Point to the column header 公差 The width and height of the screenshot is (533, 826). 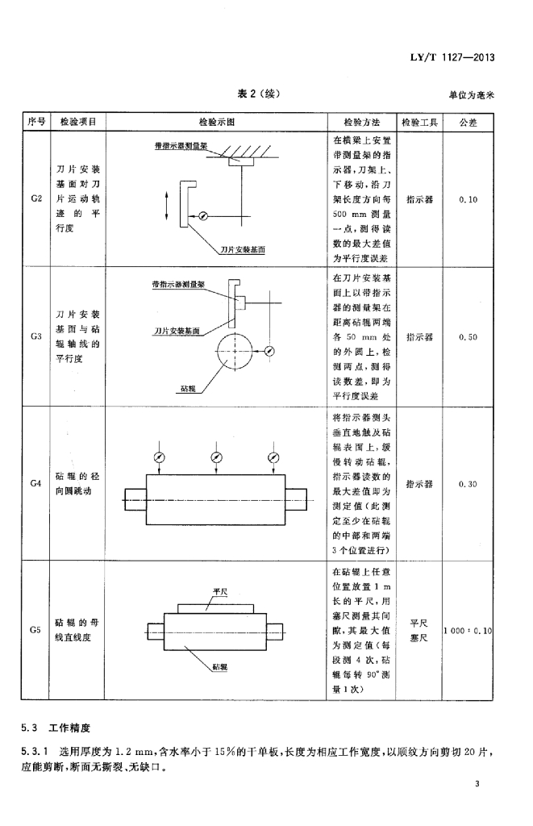(x=468, y=122)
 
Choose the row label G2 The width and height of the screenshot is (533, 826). (x=35, y=198)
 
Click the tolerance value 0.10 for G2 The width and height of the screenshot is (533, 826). (x=468, y=198)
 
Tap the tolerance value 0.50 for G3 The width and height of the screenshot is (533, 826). (x=468, y=337)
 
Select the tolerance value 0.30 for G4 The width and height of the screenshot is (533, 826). (x=468, y=484)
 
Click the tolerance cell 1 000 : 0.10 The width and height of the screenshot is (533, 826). (x=468, y=630)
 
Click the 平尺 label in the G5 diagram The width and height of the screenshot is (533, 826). (x=219, y=591)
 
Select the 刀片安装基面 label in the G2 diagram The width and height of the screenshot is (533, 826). (x=243, y=251)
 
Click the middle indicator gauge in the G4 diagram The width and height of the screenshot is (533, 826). (x=216, y=457)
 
